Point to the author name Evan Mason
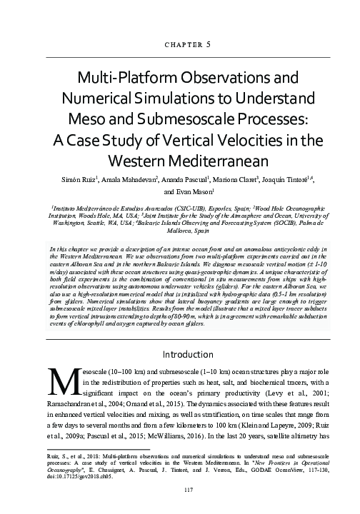[206, 192]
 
